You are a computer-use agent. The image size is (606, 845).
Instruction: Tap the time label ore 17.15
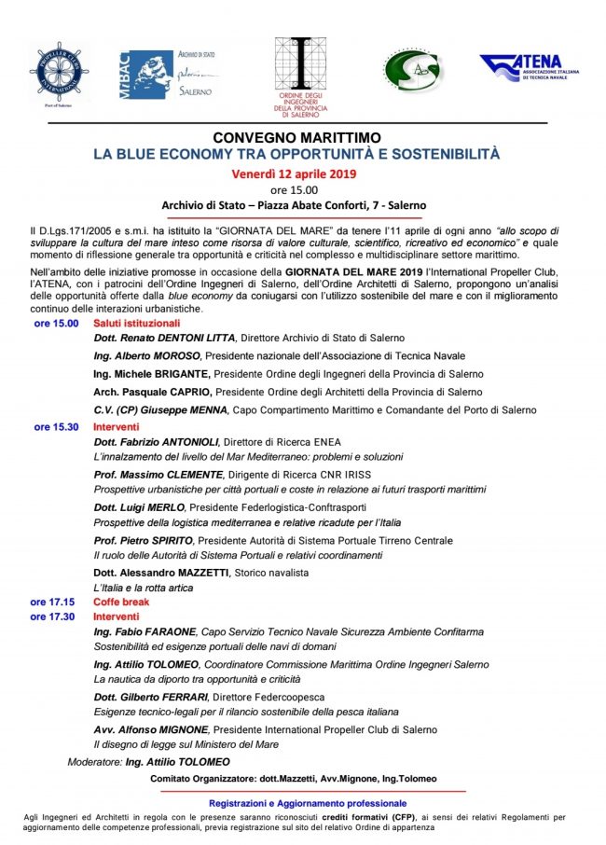(51, 602)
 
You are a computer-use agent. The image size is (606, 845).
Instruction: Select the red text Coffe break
(121, 602)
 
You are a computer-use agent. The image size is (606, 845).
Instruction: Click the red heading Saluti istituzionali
(136, 322)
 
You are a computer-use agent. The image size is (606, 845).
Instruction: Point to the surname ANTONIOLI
(180, 441)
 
